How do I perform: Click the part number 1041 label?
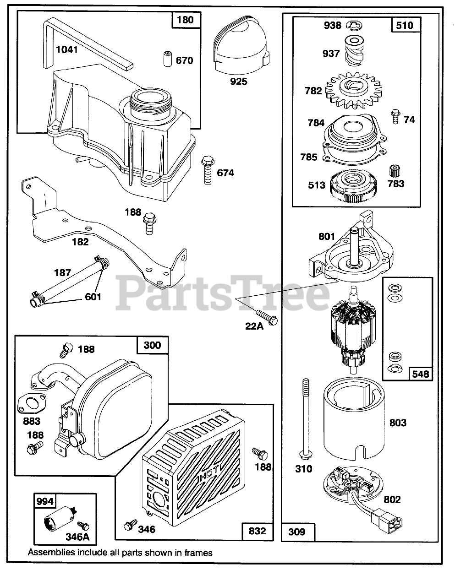pos(67,49)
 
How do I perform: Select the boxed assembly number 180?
pos(185,20)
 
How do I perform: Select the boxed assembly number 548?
pos(420,374)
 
